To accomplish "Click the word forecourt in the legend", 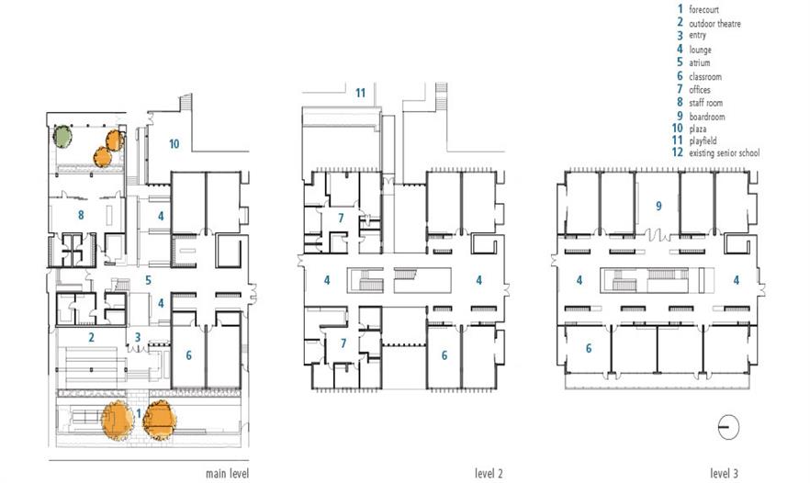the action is coord(703,9).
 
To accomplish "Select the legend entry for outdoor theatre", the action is coord(714,23).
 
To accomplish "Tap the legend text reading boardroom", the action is coord(707,117).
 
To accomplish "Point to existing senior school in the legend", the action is coord(725,153).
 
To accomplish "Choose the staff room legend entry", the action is coord(705,103).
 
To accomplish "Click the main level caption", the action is coord(228,473).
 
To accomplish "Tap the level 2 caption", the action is coord(489,473).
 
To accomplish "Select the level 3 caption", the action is coord(725,473).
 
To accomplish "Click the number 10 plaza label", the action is coord(174,144).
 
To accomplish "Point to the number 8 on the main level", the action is coord(81,215).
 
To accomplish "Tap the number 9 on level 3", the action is coord(658,206).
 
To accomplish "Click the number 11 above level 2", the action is coord(360,93).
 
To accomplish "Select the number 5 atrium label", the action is coord(148,280).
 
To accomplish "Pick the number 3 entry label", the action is coord(138,337).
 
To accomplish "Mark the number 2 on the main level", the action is coord(92,337).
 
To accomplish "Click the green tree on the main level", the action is coord(62,137).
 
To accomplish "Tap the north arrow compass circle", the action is coord(728,427).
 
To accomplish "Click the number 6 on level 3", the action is coord(589,349).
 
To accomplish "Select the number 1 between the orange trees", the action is coord(139,414).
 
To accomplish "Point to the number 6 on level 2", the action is coord(444,355).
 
